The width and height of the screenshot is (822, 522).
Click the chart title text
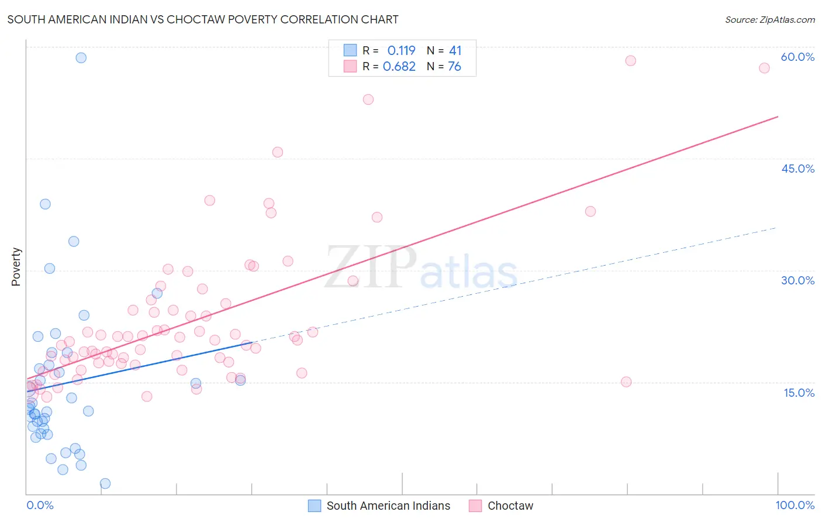click(203, 19)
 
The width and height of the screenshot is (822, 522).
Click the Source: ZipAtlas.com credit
click(769, 19)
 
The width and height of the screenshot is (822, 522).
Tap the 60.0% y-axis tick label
click(797, 57)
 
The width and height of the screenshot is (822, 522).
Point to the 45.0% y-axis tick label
click(797, 169)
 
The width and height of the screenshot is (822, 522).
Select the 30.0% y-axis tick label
click(797, 280)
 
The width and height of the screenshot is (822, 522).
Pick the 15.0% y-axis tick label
click(799, 393)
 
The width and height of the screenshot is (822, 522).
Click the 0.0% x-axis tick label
click(40, 505)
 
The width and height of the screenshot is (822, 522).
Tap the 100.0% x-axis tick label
click(795, 505)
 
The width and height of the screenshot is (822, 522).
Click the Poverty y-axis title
click(16, 267)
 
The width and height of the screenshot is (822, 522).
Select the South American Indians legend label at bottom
click(388, 506)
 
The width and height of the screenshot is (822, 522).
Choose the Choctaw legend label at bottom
click(510, 506)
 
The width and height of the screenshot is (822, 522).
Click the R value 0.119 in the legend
click(401, 51)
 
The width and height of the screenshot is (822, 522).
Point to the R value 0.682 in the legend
click(399, 67)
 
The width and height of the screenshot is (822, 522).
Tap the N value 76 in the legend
click(454, 67)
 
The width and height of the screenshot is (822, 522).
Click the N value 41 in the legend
click(455, 51)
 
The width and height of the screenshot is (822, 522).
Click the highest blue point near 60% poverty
click(81, 58)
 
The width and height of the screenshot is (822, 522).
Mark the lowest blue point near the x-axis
click(105, 483)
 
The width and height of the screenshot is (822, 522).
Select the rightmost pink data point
click(764, 68)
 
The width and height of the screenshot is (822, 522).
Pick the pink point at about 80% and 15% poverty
click(626, 382)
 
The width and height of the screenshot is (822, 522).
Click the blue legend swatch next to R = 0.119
click(350, 50)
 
